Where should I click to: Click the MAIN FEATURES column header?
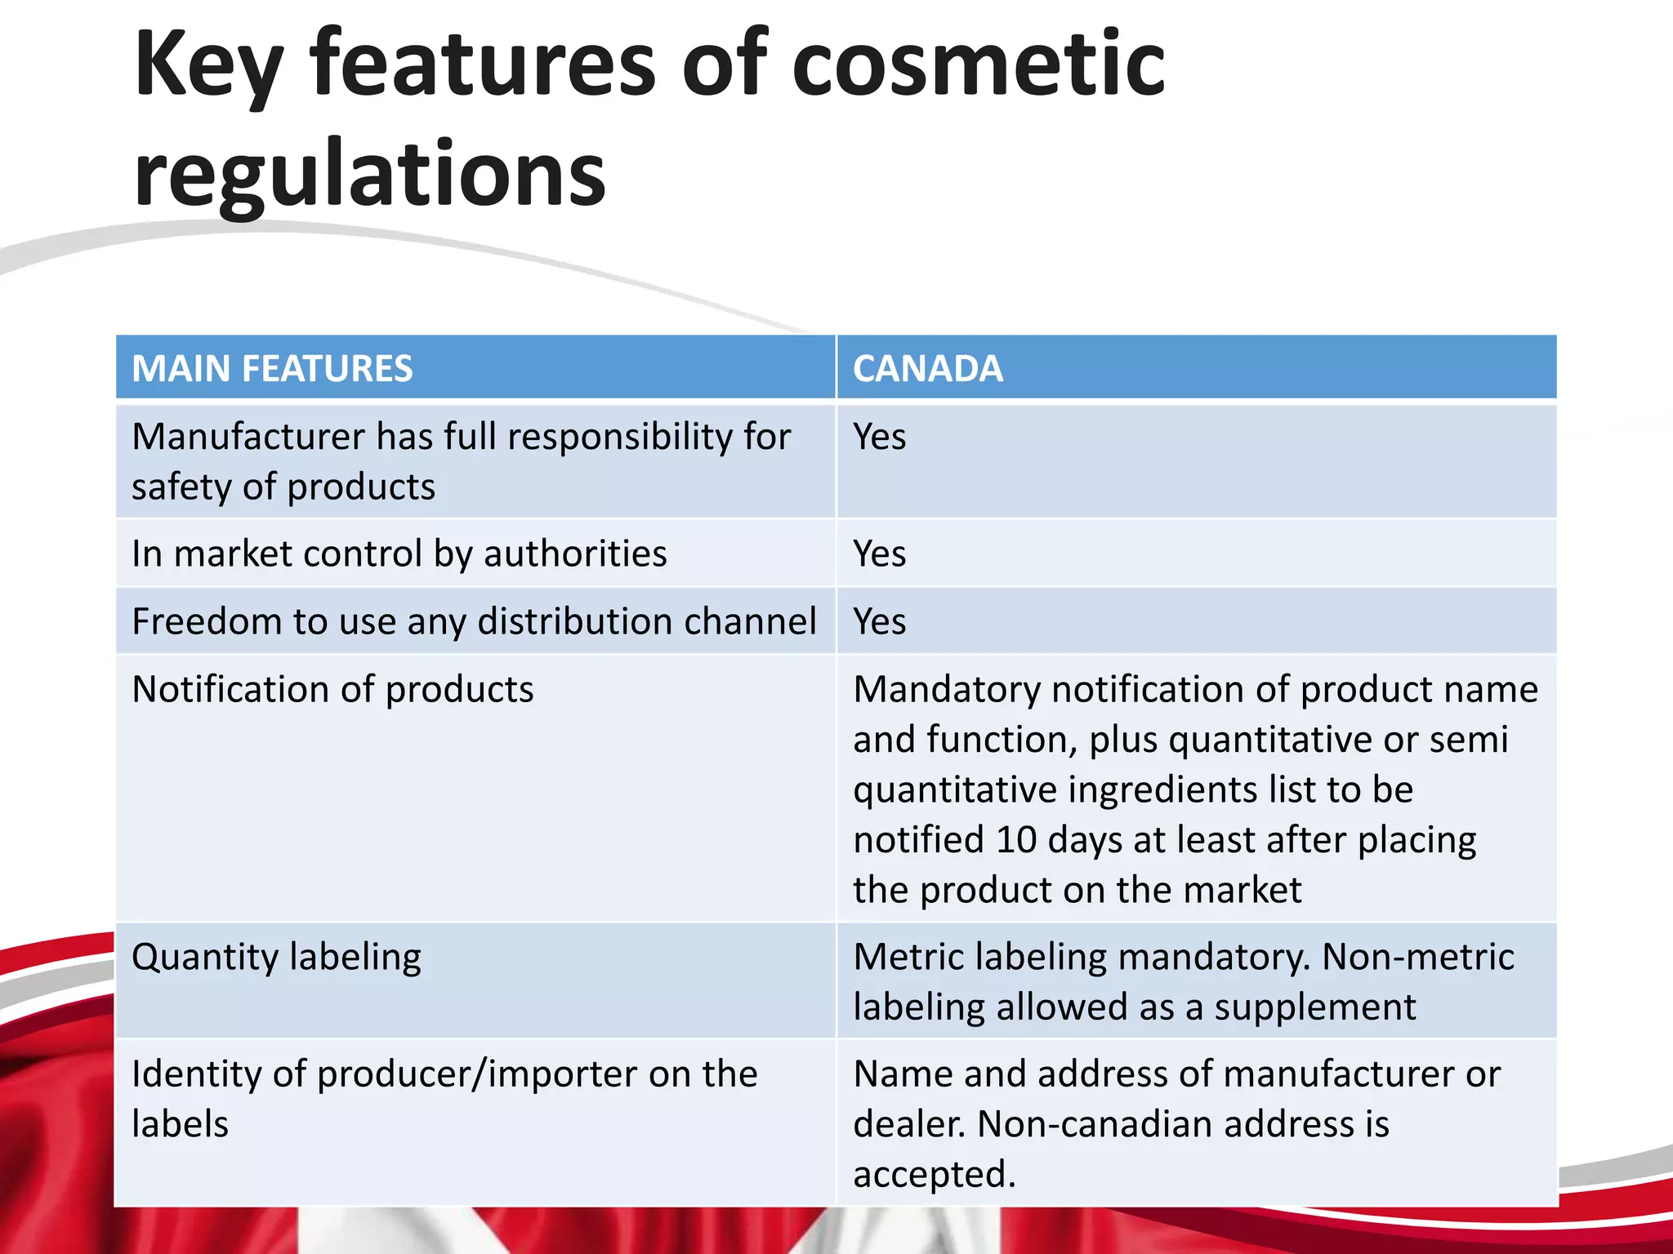(x=272, y=368)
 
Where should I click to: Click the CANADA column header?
(x=928, y=368)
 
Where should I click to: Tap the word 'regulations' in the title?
(x=370, y=174)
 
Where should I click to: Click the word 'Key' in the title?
(x=209, y=65)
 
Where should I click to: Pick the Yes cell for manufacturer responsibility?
(x=880, y=437)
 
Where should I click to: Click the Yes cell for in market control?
(x=880, y=554)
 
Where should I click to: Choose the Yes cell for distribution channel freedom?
(x=880, y=621)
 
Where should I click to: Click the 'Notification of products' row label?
(x=332, y=689)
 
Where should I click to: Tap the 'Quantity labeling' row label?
(x=276, y=957)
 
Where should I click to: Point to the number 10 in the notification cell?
(x=1016, y=839)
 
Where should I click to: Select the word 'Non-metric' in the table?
(x=1418, y=957)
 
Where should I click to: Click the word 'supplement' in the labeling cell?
(x=1315, y=1007)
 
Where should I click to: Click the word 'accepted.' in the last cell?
(x=935, y=1174)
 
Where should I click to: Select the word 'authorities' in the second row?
(x=575, y=554)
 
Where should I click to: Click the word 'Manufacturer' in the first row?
(x=248, y=437)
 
